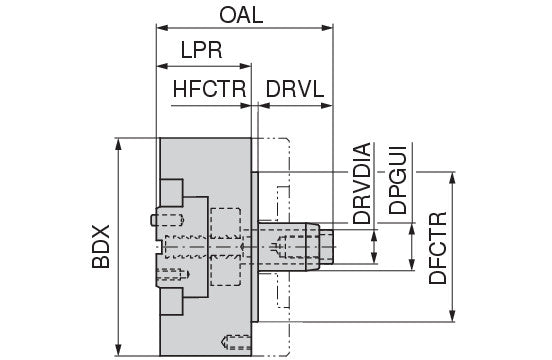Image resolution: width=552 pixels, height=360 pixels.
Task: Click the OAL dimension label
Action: (x=241, y=15)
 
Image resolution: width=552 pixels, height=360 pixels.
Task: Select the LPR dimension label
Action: (x=201, y=50)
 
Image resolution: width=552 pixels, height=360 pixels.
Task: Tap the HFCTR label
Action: (x=209, y=89)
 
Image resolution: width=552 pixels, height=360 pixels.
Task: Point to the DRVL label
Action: (x=294, y=89)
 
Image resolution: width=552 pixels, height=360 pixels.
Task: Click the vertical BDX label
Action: (x=101, y=246)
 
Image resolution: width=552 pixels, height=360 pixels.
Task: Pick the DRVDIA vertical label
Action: (x=362, y=183)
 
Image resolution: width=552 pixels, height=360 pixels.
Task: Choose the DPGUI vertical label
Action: (x=398, y=180)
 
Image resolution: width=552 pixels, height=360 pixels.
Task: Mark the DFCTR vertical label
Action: (x=438, y=248)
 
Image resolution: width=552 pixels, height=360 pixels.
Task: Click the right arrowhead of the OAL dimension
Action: (x=327, y=28)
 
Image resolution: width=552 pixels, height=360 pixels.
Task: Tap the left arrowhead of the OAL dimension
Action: (x=162, y=28)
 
